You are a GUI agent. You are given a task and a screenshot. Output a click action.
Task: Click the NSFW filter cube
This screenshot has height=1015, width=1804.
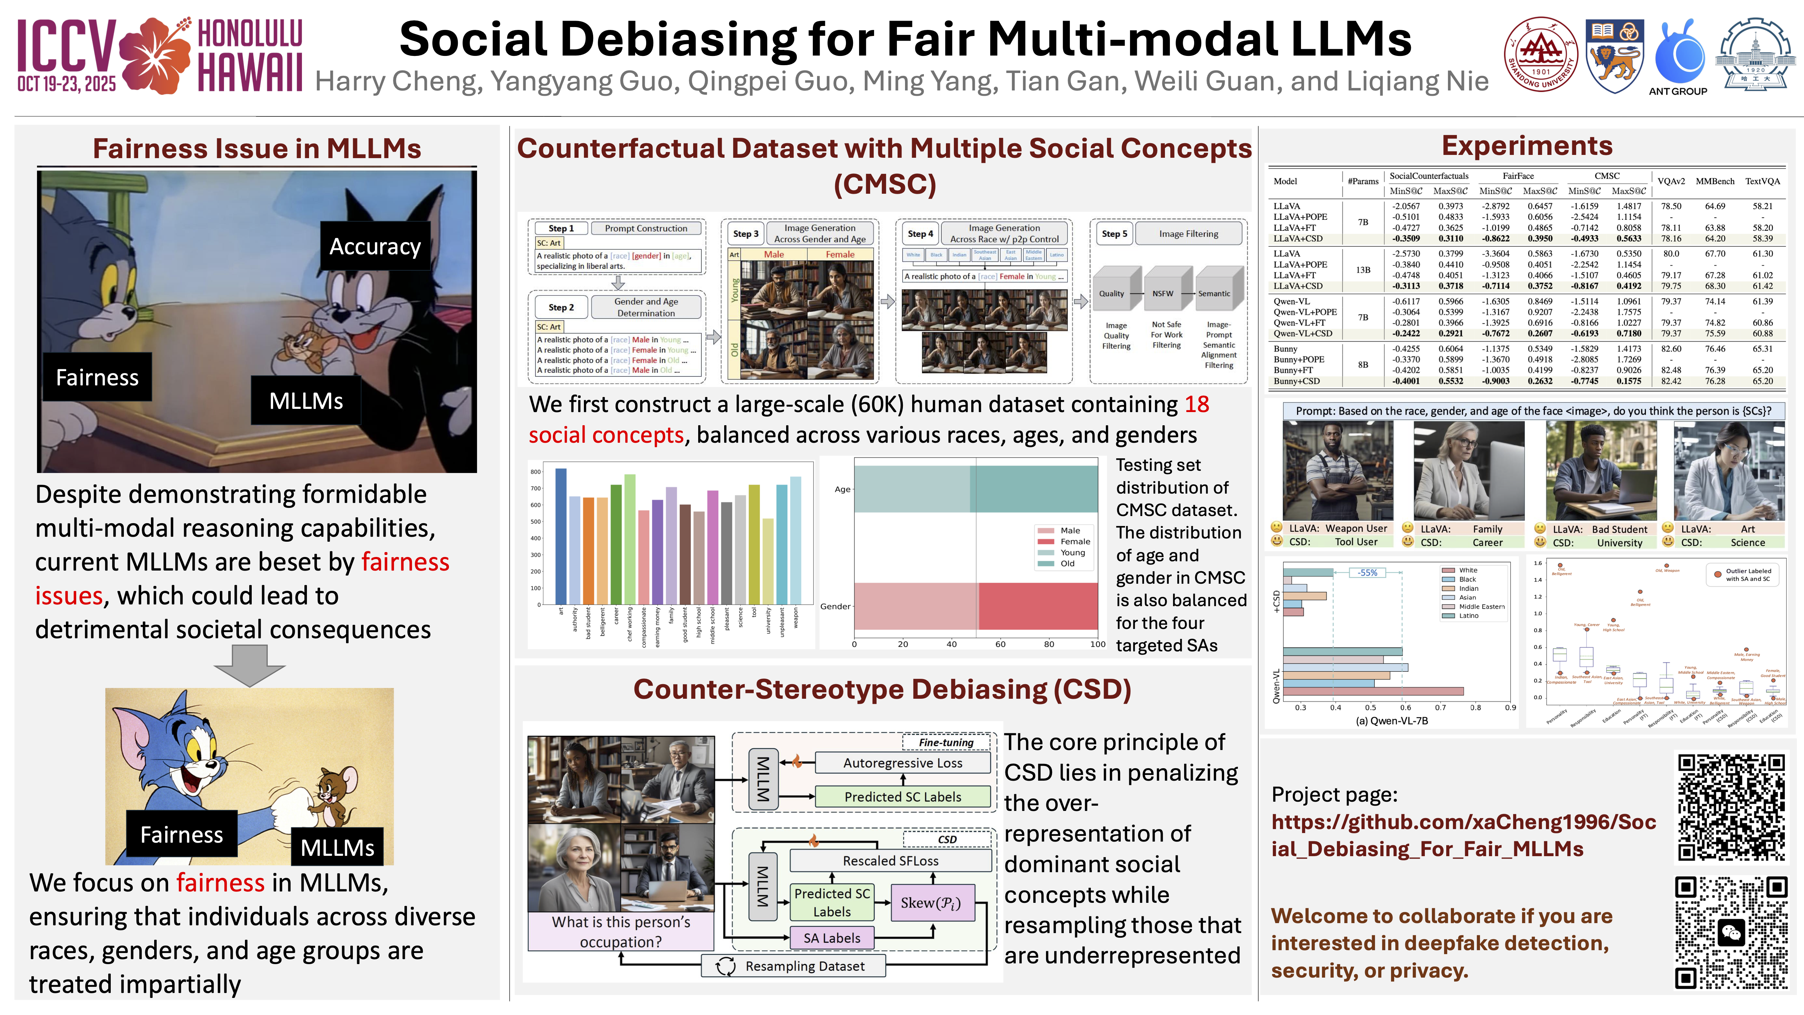[1162, 293]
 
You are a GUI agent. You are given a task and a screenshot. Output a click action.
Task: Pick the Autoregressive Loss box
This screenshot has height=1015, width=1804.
[902, 763]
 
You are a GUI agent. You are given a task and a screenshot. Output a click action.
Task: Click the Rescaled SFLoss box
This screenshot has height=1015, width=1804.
[890, 860]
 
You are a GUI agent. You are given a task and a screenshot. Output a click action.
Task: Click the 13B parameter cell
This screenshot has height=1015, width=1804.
[1363, 270]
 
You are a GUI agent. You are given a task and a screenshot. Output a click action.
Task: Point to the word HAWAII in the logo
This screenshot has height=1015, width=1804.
[250, 72]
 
